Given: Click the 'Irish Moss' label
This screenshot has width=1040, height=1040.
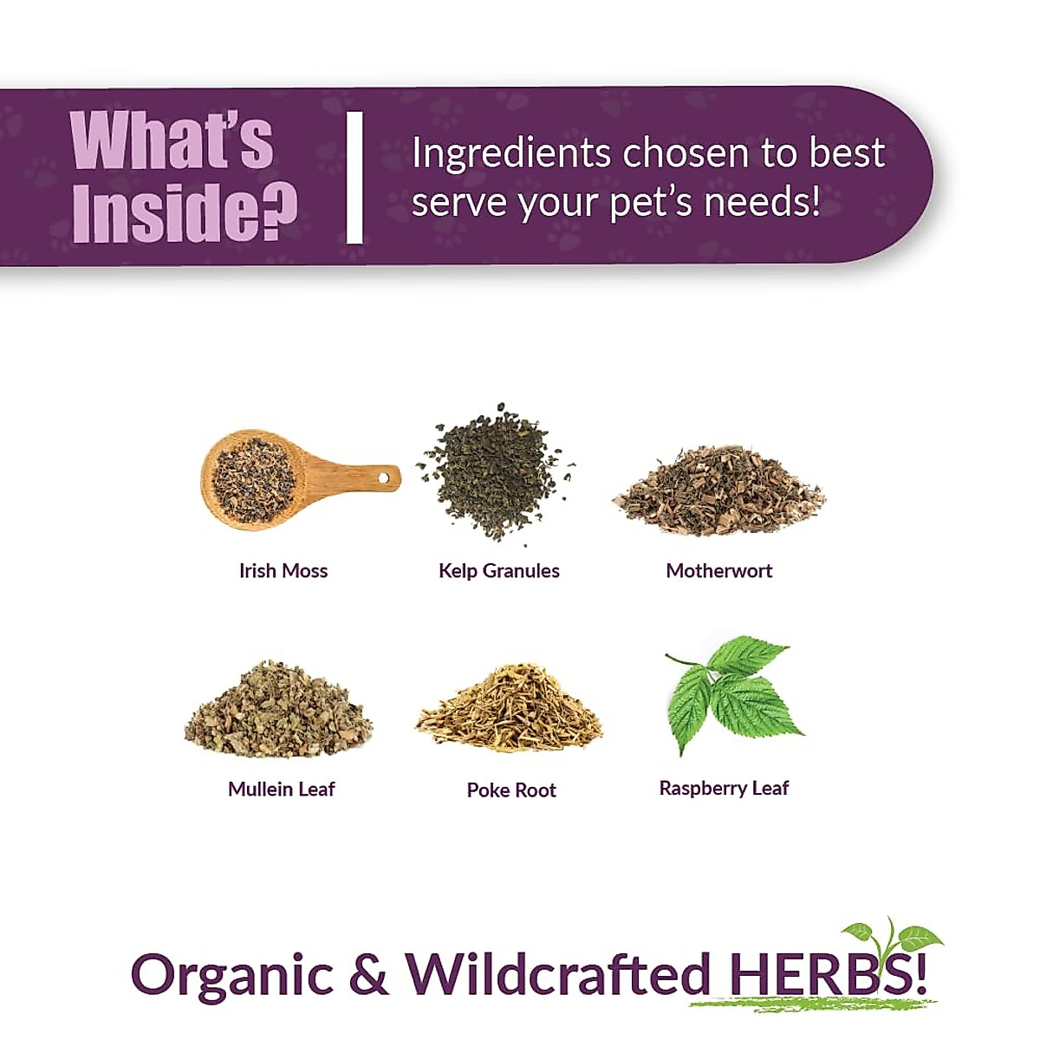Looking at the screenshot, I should coord(283,571).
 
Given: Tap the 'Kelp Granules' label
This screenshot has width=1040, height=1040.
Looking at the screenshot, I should coord(499,571).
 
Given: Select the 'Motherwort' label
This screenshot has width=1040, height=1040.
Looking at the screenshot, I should coord(718,571).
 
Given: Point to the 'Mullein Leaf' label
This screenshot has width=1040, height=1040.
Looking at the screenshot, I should coord(281,790).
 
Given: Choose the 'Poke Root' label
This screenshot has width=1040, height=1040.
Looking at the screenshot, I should coord(511,790).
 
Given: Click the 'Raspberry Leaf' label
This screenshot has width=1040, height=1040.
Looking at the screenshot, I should coord(724,789).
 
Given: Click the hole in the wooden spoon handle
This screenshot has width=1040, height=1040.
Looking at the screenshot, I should coord(384,478).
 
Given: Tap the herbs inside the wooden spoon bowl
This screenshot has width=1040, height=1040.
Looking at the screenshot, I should coord(253,479).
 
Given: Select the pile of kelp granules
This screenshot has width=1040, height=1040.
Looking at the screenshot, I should coord(494,472).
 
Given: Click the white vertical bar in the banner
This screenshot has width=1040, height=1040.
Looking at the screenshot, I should coord(354,178).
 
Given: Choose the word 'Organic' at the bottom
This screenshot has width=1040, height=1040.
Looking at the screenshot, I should coord(231,975).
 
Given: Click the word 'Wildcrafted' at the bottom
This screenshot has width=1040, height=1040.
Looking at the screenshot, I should coord(558,973).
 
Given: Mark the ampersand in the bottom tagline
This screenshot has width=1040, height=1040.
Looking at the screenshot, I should coord(369,974).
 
